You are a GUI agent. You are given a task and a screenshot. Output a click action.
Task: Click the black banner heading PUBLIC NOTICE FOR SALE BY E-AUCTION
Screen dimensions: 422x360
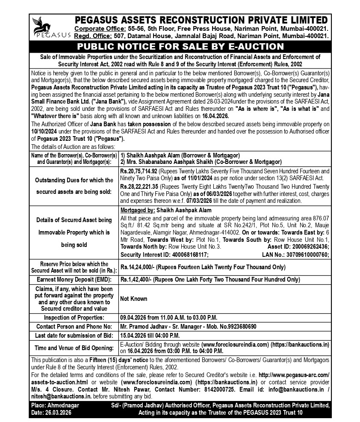tap(180, 47)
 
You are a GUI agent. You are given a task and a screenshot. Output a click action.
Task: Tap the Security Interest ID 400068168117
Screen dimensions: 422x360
tap(188, 255)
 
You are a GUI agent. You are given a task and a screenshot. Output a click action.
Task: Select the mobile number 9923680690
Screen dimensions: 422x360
tap(238, 326)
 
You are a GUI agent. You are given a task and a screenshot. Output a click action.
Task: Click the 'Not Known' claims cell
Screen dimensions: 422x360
tap(134, 299)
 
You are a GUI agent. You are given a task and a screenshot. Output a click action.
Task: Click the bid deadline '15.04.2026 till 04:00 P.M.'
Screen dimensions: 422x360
tap(150, 335)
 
